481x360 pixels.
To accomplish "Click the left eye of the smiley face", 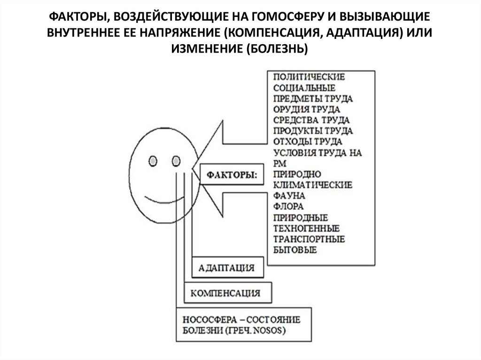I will tap(153, 161).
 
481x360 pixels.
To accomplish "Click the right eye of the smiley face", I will tap(177, 161).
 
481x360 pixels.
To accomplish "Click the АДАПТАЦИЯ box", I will tap(226, 268).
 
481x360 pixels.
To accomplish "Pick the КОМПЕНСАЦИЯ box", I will tap(225, 293).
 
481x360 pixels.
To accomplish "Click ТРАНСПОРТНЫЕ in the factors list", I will tap(308, 239).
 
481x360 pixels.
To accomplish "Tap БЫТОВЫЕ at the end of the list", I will tap(294, 250).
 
